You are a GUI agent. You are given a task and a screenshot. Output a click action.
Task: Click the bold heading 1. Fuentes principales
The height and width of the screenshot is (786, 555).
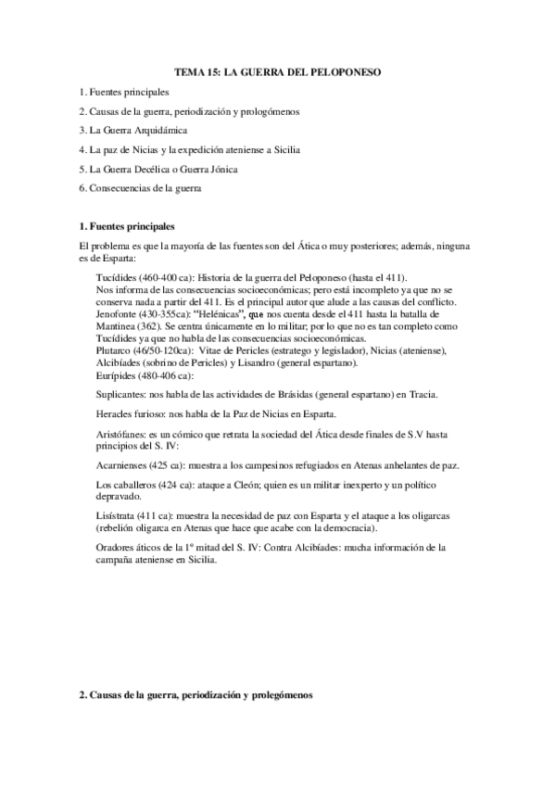128,226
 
